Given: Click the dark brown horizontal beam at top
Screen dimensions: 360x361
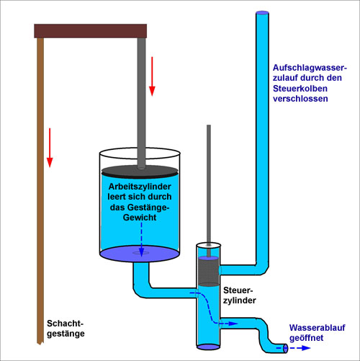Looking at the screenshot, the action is [90, 31].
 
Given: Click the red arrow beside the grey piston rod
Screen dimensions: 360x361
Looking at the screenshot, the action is [152, 76].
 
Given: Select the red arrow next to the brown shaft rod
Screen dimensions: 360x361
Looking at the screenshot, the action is [50, 148].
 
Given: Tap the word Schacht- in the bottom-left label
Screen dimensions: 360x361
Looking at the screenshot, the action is [65, 324].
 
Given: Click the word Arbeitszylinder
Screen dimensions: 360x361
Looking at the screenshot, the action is [140, 187].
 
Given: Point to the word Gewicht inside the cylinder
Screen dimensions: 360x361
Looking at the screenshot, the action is [140, 218].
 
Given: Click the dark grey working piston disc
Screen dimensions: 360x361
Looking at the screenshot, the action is [140, 171].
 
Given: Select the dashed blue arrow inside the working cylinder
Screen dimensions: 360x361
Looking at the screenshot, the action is [141, 239].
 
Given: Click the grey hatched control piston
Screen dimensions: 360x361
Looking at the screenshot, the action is [209, 272].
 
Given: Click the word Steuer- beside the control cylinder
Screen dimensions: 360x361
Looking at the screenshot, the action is [238, 290].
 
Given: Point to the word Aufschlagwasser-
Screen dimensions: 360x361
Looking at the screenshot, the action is [310, 68].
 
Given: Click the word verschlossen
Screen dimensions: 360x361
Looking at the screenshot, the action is [300, 99].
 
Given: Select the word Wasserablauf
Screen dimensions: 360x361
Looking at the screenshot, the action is [317, 328].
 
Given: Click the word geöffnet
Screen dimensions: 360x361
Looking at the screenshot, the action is [306, 338].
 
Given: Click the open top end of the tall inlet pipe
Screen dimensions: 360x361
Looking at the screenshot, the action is [262, 13].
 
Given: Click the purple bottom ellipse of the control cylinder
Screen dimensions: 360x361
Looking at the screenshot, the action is [208, 347].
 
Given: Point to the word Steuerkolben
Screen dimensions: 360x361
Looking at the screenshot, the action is [300, 89].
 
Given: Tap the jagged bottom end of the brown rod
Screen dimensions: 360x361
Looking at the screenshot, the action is [40, 343].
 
